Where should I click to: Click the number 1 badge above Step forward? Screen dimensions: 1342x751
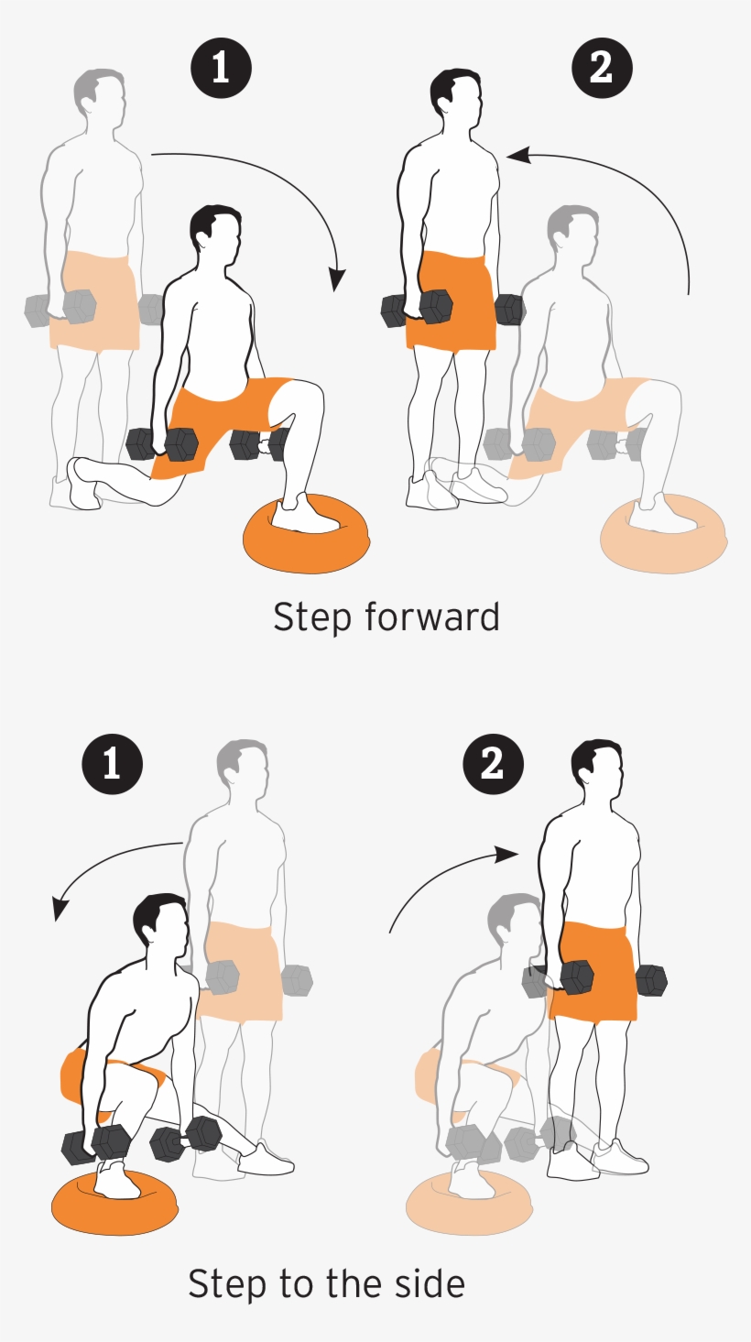[x=220, y=68]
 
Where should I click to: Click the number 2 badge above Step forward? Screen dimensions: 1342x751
[x=601, y=68]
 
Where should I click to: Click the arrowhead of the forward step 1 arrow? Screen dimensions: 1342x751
[x=338, y=280]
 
